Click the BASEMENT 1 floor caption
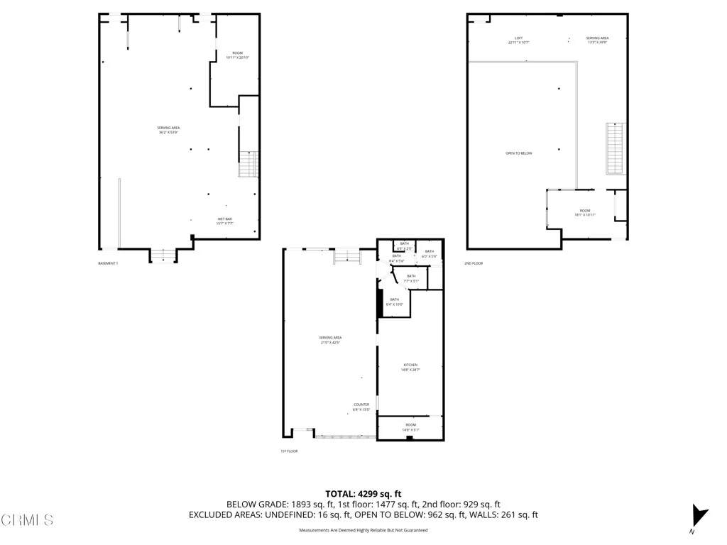(108, 263)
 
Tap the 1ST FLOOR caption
(289, 451)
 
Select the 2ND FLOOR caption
(474, 263)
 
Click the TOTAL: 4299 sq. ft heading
(363, 494)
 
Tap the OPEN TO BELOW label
(518, 153)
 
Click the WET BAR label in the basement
(224, 221)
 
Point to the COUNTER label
(361, 407)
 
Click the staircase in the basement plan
(248, 165)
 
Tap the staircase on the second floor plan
(614, 148)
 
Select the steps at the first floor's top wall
(347, 255)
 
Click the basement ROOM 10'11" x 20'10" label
(237, 55)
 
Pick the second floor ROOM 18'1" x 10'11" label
(584, 212)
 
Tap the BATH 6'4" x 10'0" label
(394, 301)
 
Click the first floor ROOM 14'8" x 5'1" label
(411, 426)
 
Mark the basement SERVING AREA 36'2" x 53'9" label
(168, 130)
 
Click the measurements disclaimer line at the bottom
(363, 530)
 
